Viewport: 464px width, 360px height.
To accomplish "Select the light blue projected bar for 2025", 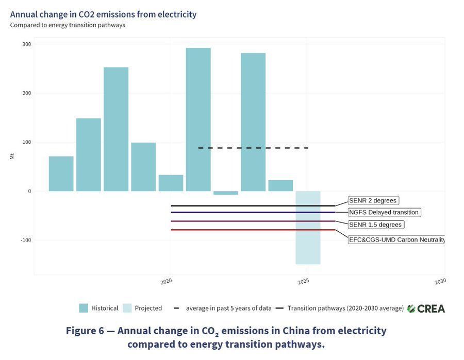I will pyautogui.click(x=308, y=227).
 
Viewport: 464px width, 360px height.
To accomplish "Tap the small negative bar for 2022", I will pyautogui.click(x=226, y=193).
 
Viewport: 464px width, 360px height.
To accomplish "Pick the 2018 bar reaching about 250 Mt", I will pyautogui.click(x=116, y=129).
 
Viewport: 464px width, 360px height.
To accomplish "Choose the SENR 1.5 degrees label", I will pyautogui.click(x=375, y=225).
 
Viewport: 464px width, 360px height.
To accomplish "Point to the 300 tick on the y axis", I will pyautogui.click(x=26, y=44).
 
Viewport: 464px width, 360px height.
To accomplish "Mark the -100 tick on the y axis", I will pyautogui.click(x=25, y=240).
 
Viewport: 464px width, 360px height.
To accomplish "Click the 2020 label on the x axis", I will pyautogui.click(x=167, y=282).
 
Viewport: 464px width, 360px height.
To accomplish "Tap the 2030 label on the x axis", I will pyautogui.click(x=440, y=282).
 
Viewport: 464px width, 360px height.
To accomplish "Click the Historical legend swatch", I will pyautogui.click(x=84, y=308).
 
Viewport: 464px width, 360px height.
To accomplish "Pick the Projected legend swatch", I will pyautogui.click(x=127, y=308).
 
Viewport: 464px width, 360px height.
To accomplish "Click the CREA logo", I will pyautogui.click(x=426, y=308).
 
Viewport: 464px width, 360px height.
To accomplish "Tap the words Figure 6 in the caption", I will pyautogui.click(x=85, y=330).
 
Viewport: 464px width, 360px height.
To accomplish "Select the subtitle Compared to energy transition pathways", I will pyautogui.click(x=68, y=25).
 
